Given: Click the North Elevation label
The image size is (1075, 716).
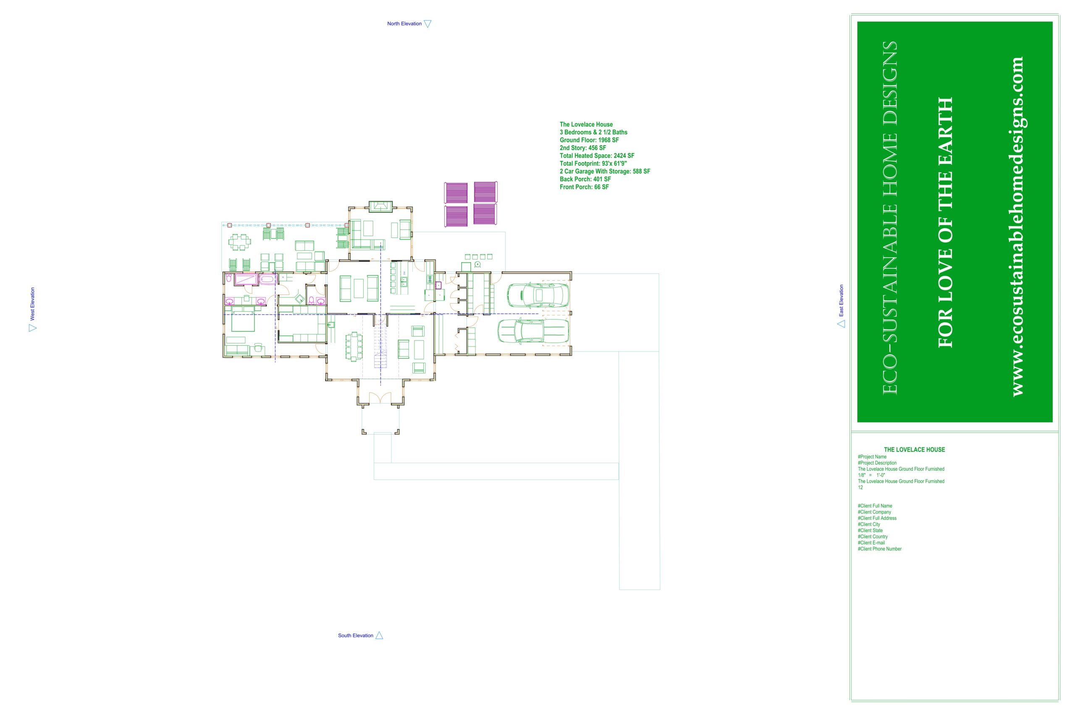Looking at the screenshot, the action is click(x=404, y=24).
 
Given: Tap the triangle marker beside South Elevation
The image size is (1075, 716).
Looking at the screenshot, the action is click(x=379, y=635).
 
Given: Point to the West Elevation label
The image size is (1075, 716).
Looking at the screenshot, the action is click(x=32, y=304).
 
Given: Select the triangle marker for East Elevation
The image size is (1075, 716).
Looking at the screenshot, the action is click(x=841, y=324).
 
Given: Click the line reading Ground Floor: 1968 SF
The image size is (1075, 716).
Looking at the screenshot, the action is click(x=589, y=140).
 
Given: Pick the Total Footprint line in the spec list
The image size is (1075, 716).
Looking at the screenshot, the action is click(x=593, y=164).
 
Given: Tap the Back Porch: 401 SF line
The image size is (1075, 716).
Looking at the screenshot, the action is click(x=585, y=179).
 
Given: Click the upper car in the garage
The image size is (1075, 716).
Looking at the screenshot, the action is click(x=538, y=295).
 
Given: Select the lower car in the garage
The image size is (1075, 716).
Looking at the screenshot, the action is click(x=533, y=331).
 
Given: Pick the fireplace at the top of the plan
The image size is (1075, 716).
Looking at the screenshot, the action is click(x=380, y=206).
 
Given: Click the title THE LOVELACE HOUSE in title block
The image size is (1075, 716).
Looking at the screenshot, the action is click(x=914, y=450).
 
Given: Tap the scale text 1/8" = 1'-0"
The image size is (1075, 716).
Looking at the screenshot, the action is click(x=872, y=475).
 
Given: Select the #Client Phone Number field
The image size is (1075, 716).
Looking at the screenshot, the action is click(x=879, y=549).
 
